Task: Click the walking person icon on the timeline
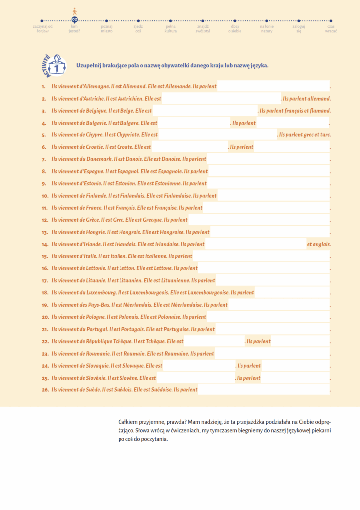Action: tap(75, 11)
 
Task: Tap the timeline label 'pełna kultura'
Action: tap(171, 28)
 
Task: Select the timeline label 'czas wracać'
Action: tap(331, 28)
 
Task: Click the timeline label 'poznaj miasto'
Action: tap(106, 28)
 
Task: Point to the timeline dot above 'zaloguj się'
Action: tap(299, 20)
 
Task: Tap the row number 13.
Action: tap(45, 232)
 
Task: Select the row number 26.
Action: tap(45, 390)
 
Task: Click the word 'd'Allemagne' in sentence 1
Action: tap(94, 86)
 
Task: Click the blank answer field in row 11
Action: tap(266, 208)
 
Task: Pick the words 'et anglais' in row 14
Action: tap(319, 244)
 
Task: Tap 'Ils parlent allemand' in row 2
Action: tap(306, 99)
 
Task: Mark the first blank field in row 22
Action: tap(214, 341)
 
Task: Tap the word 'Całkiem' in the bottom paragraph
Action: tap(128, 421)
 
